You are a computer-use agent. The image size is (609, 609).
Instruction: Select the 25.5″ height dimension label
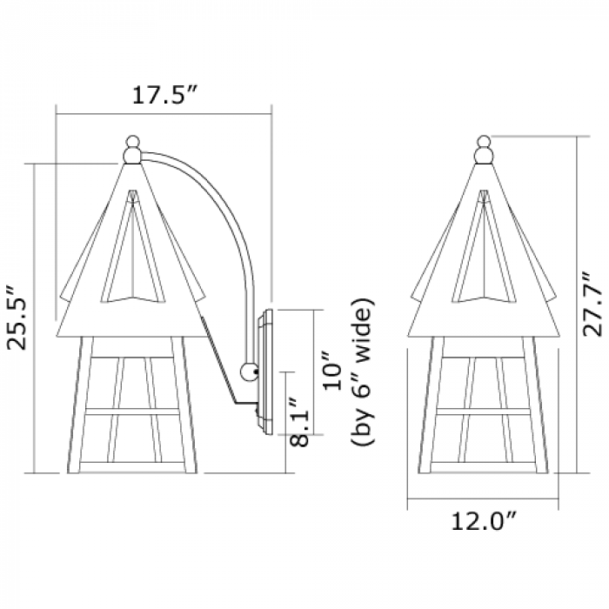[17, 318]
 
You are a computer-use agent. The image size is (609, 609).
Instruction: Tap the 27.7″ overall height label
[592, 304]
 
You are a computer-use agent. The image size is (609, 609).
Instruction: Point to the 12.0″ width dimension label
[485, 521]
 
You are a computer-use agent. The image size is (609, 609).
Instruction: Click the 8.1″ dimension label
[299, 421]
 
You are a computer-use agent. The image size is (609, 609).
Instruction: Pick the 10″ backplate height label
[332, 371]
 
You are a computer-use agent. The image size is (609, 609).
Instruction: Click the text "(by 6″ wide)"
[363, 371]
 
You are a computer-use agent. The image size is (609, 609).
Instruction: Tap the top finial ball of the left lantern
[133, 141]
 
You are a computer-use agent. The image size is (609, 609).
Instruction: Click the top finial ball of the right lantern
[484, 141]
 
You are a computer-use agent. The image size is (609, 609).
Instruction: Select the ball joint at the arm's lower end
[250, 372]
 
